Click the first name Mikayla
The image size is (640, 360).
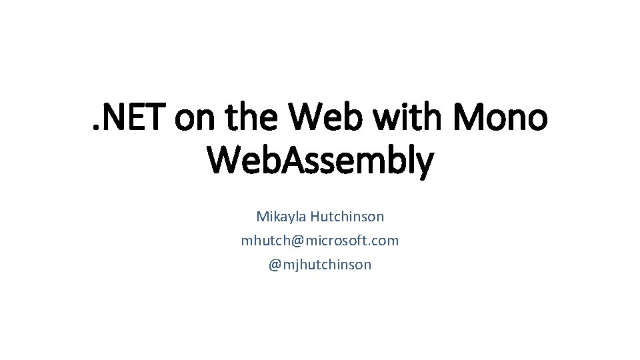coord(279,217)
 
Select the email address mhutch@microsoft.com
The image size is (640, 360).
coord(320,241)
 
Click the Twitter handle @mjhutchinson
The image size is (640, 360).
coord(320,265)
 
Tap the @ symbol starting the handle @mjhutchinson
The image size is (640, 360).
coord(275,265)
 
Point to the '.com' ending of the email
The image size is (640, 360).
coord(386,241)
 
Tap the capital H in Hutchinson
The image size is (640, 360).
coord(313,217)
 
